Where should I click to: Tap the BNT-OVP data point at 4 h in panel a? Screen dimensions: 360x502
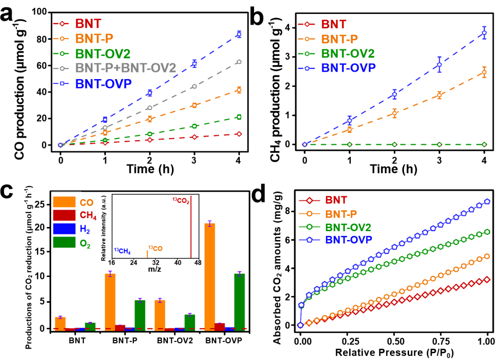click(x=239, y=34)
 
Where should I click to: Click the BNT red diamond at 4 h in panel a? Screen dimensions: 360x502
click(x=239, y=134)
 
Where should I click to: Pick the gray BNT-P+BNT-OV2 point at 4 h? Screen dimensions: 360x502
click(x=239, y=62)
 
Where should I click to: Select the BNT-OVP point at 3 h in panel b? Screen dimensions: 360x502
click(x=439, y=65)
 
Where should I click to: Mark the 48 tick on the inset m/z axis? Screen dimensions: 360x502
click(x=198, y=263)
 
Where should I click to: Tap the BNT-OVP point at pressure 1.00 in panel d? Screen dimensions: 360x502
click(x=487, y=201)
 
